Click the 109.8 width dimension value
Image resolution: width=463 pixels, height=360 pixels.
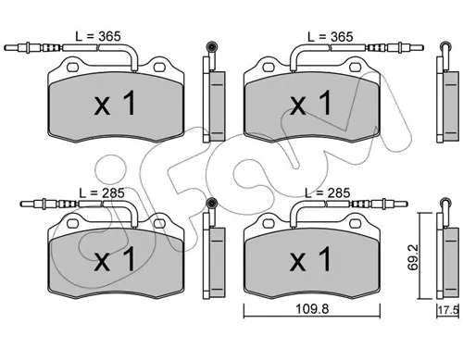click(312, 308)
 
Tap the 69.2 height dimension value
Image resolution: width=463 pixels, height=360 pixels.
click(413, 257)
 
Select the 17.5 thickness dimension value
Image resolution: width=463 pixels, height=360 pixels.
click(449, 310)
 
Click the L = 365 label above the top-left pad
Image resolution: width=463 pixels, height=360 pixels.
click(98, 36)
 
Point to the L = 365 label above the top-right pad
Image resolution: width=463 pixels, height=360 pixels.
click(331, 37)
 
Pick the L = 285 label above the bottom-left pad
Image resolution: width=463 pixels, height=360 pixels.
click(102, 193)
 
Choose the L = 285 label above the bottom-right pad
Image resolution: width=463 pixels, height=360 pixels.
click(328, 193)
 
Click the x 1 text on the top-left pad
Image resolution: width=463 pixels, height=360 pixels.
click(115, 104)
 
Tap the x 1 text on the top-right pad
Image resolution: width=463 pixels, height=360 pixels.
click(310, 103)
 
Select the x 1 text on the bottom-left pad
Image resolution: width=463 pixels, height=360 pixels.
click(115, 259)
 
